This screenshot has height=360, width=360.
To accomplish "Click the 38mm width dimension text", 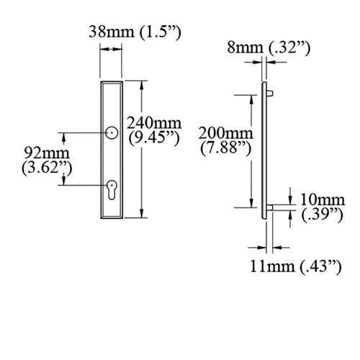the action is pyautogui.click(x=111, y=32).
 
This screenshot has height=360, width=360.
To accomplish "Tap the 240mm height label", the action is pyautogui.click(x=154, y=123).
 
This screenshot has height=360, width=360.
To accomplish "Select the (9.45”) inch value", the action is pyautogui.click(x=154, y=138).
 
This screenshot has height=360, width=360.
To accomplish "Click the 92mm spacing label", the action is pyautogui.click(x=47, y=153).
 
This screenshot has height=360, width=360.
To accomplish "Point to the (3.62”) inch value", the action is pyautogui.click(x=47, y=168).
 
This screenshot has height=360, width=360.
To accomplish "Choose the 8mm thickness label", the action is pyautogui.click(x=245, y=48).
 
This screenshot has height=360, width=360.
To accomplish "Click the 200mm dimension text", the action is pyautogui.click(x=225, y=133).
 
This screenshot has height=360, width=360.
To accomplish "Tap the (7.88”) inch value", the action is pyautogui.click(x=225, y=148).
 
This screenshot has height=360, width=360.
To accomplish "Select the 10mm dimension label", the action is pyautogui.click(x=323, y=199).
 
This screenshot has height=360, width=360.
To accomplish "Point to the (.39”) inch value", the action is pyautogui.click(x=323, y=215).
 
